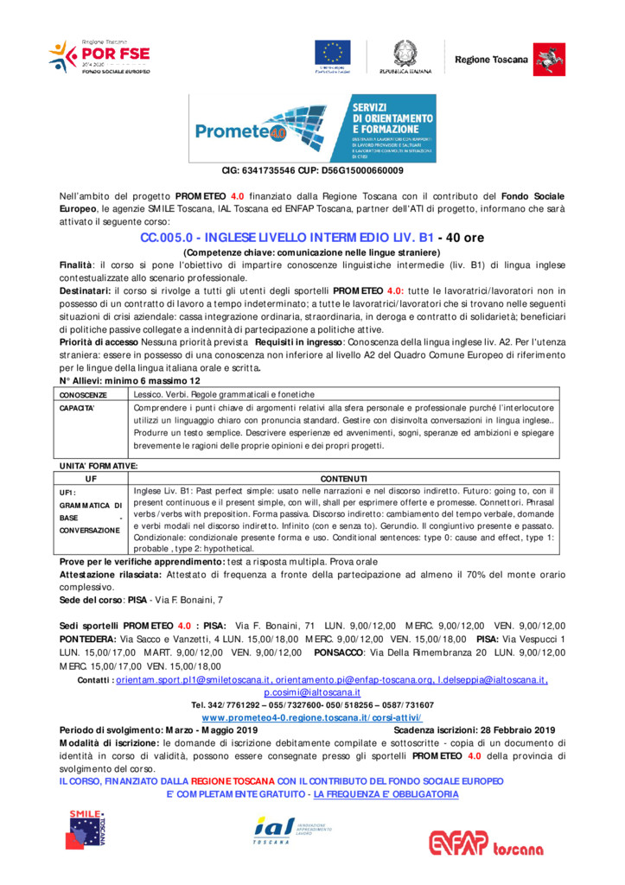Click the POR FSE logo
(99, 56)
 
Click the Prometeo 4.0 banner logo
(312, 129)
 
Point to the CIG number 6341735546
(275, 171)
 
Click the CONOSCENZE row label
(83, 395)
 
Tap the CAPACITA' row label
(77, 407)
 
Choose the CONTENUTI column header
(343, 478)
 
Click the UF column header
(90, 478)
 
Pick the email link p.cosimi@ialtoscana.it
(312, 693)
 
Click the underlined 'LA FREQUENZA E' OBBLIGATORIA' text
(386, 793)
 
